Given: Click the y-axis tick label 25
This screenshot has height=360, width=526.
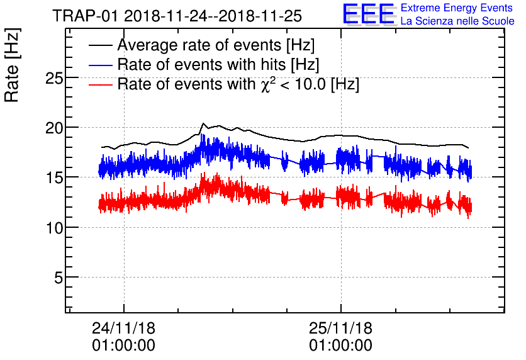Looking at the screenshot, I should click(56, 78).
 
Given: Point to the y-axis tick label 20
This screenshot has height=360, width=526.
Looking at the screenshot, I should click(56, 128).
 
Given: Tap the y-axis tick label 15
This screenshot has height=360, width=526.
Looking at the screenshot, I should click(56, 177).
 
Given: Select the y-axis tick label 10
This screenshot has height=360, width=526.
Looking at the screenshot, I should click(56, 227).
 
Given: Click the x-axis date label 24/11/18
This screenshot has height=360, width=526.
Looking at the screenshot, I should click(123, 329).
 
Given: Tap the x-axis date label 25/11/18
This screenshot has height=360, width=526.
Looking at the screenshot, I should click(340, 329).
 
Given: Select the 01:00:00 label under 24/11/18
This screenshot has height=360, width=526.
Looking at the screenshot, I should click(123, 346).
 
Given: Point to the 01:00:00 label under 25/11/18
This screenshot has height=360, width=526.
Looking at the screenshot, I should click(340, 346).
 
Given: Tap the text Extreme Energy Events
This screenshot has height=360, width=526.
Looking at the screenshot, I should click(457, 8).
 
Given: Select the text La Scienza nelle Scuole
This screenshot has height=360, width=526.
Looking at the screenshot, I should click(457, 21).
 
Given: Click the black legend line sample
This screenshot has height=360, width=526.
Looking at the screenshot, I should click(101, 46).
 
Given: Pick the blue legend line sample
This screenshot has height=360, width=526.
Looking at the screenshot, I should click(101, 65).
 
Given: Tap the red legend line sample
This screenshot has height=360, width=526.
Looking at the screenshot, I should click(101, 84).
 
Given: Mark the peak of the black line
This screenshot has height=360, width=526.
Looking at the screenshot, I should click(203, 123).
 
